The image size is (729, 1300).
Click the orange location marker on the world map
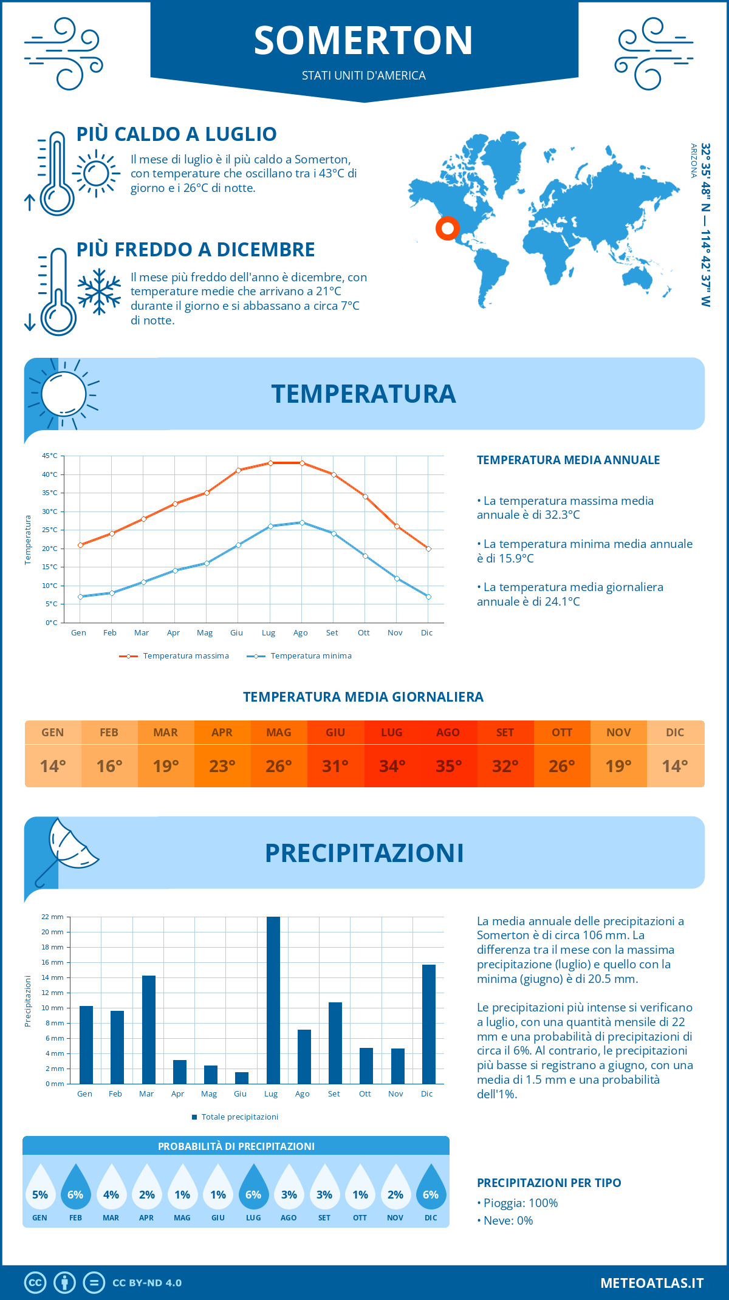point(448,228)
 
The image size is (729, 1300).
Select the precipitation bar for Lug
point(273,1000)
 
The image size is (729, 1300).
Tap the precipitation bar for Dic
point(429,1024)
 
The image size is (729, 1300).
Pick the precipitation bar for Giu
point(242,1078)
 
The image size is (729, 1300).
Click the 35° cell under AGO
point(448,766)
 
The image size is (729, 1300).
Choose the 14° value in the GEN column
point(53,766)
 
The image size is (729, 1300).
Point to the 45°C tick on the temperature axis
point(50,456)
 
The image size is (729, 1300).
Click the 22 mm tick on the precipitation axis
point(52,917)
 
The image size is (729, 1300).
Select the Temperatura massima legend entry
point(174,656)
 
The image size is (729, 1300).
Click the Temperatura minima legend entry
point(299,656)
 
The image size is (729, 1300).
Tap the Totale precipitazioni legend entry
point(235,1117)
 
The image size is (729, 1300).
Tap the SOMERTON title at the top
point(363,41)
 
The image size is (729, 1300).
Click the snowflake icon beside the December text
point(99,292)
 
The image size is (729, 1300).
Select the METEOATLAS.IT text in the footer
point(652,1283)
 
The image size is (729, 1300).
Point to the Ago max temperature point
point(302,463)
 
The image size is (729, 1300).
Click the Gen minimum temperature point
point(80,597)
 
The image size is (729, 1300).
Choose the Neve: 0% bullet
point(505,1220)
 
